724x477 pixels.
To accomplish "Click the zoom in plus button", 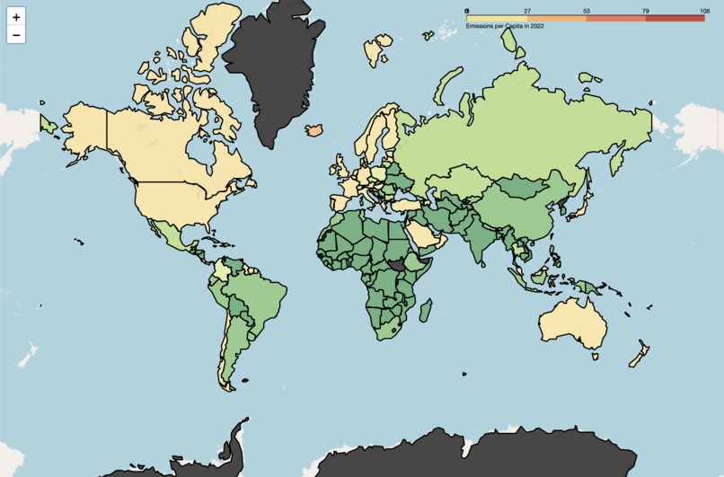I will click(x=16, y=17).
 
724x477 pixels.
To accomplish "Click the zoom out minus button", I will click(x=16, y=35).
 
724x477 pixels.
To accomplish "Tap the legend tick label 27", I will click(x=527, y=11).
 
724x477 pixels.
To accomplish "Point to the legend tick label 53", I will click(x=587, y=11).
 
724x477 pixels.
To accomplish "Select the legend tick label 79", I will click(x=646, y=11).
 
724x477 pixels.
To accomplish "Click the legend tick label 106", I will click(x=703, y=11).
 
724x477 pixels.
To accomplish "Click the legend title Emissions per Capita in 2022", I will click(x=504, y=26).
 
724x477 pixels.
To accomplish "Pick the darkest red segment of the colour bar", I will click(x=675, y=18).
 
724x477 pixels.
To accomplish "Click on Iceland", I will click(x=314, y=129).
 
